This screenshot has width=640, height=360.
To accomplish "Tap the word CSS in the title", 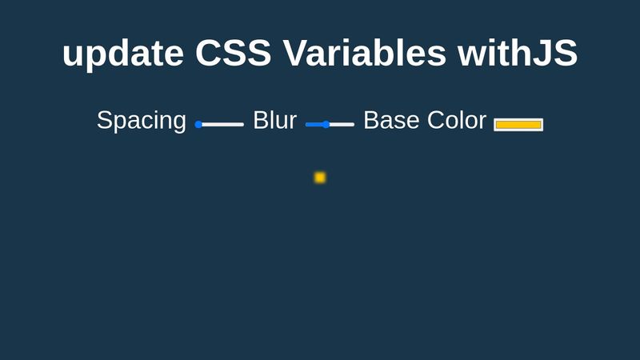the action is pos(233,53).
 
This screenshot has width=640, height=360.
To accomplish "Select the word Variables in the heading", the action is pos(364,53).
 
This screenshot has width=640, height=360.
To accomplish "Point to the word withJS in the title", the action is pos(517,53).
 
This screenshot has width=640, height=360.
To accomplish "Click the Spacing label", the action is pos(142,122).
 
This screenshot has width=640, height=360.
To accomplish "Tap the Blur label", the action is pos(274,120).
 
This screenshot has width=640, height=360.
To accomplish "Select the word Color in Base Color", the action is pos(457,120).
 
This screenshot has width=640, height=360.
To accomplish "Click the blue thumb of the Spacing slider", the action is pos(198,125).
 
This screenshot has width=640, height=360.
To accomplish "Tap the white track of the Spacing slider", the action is pos(222,125).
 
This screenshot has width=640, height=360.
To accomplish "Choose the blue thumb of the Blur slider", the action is pos(326,125).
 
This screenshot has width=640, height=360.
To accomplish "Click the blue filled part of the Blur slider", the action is pos(314,125).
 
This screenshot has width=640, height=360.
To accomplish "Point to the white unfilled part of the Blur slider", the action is pos(342,125).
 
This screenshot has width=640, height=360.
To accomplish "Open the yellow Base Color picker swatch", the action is pos(518,125).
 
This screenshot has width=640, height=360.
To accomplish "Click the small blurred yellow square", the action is pos(320,178).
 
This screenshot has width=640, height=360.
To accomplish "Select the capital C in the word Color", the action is pos(436,120).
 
